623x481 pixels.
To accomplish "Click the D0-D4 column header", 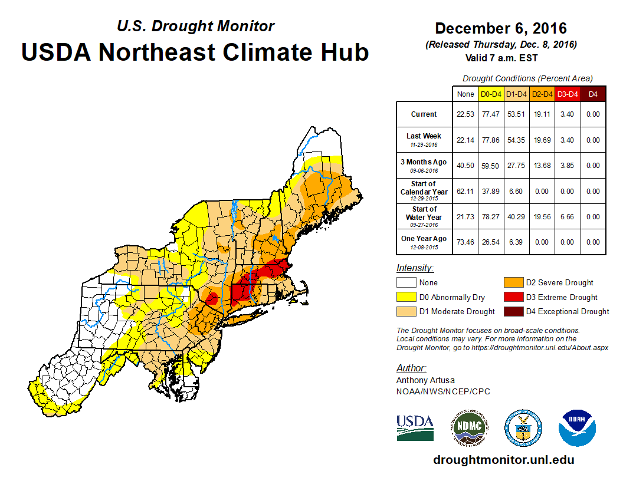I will pos(491,94).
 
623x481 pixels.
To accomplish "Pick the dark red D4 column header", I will pos(593,94).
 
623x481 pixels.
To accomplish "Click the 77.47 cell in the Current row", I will pos(491,114).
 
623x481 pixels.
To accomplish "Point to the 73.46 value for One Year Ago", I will pos(465,242).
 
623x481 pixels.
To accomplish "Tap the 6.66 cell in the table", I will pos(568,217).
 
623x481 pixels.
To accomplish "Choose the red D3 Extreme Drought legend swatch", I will pos(511,297).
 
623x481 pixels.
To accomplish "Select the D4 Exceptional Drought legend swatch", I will pos(511,311).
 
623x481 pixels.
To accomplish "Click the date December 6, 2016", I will pos(501,28).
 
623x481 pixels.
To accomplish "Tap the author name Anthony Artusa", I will pos(424,380).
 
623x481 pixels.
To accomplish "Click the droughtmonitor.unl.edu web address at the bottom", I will pos(503,460).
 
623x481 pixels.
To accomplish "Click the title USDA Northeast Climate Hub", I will pos(195,52).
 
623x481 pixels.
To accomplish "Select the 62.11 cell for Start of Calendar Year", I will pos(465,191).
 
